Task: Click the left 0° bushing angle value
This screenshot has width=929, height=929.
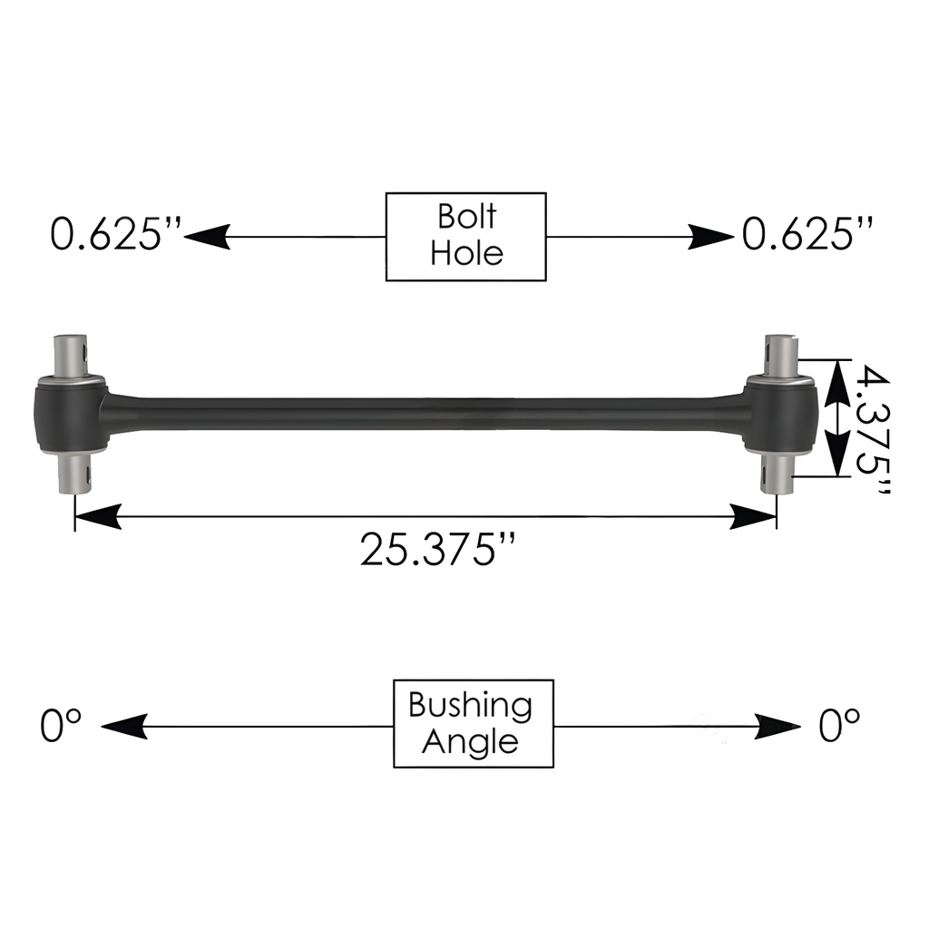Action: pyautogui.click(x=61, y=725)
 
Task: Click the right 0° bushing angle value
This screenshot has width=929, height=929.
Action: pyautogui.click(x=839, y=725)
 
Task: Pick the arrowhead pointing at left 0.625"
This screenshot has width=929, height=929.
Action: pyautogui.click(x=207, y=237)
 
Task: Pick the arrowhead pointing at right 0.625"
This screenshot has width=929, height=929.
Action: pyautogui.click(x=710, y=237)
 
